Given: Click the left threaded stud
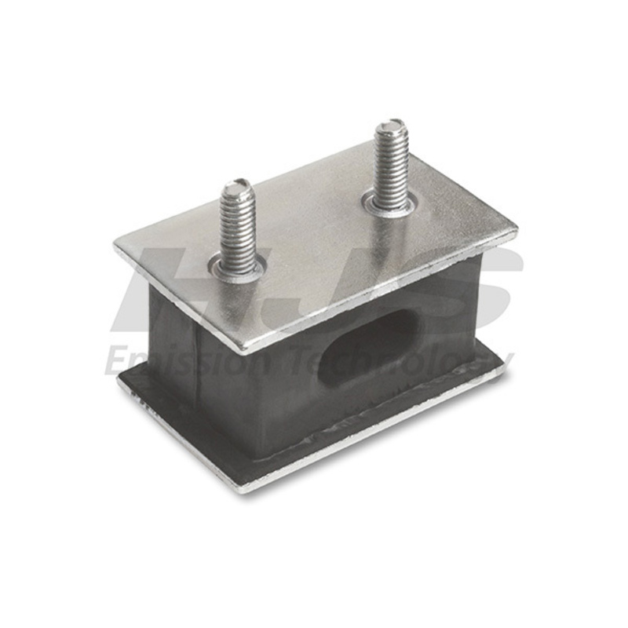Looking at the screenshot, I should click(236, 228).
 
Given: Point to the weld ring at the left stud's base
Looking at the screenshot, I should click(238, 271).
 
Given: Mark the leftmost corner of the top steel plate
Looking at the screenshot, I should click(116, 250).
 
